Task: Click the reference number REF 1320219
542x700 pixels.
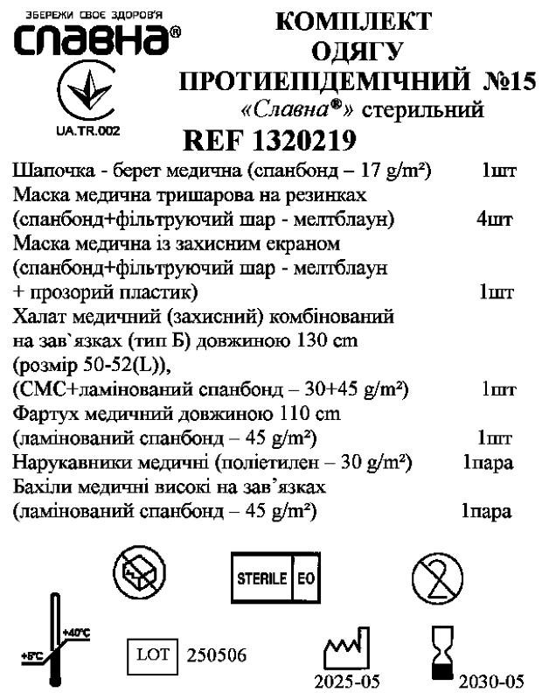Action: pyautogui.click(x=271, y=140)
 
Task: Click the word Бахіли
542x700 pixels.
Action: pyautogui.click(x=40, y=485)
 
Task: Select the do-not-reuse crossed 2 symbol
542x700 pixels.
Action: pyautogui.click(x=438, y=578)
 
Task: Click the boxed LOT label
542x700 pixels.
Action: pyautogui.click(x=154, y=654)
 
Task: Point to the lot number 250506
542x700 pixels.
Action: pyautogui.click(x=217, y=655)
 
